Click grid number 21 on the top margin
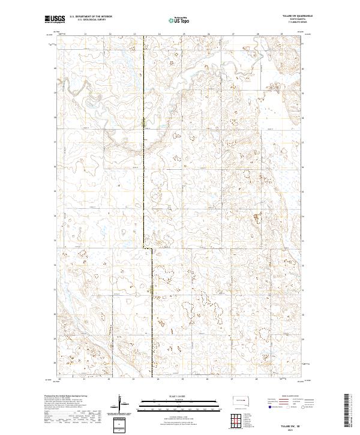coord(85,34)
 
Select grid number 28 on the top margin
coord(257,34)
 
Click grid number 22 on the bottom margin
coord(109,379)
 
